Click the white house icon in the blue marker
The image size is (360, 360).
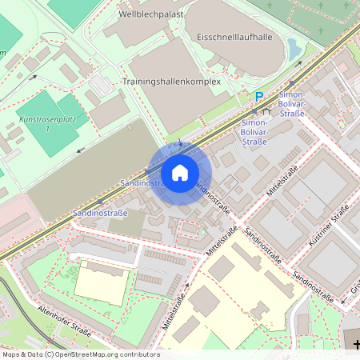pos(180,173)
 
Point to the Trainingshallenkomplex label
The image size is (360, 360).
pos(171,82)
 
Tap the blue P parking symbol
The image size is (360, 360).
pos(258,97)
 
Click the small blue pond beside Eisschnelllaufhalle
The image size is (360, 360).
pos(294,50)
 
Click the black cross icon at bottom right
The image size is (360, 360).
pos(356,344)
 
